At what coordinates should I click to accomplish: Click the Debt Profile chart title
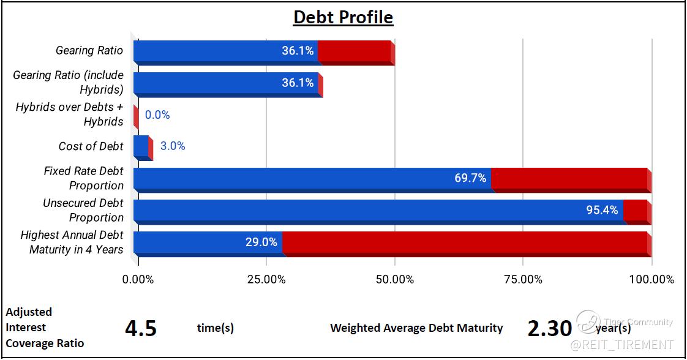(x=343, y=18)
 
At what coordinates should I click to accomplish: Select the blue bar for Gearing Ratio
(x=226, y=51)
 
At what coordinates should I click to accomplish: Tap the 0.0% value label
(x=157, y=114)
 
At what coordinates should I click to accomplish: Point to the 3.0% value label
(x=173, y=146)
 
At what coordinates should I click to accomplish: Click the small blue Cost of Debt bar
(x=141, y=146)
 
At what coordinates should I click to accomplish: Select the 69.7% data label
(x=470, y=178)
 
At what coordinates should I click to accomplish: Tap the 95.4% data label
(x=602, y=210)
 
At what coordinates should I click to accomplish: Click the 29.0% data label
(x=261, y=242)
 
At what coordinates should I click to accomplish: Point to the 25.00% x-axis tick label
(x=266, y=279)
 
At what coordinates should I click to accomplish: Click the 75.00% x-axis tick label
(x=523, y=279)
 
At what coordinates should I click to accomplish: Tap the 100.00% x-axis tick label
(x=651, y=279)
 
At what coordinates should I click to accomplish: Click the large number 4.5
(x=141, y=328)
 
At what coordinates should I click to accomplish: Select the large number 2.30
(x=549, y=328)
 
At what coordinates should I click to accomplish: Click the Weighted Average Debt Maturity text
(x=416, y=328)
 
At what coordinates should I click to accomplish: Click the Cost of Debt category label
(x=91, y=146)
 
